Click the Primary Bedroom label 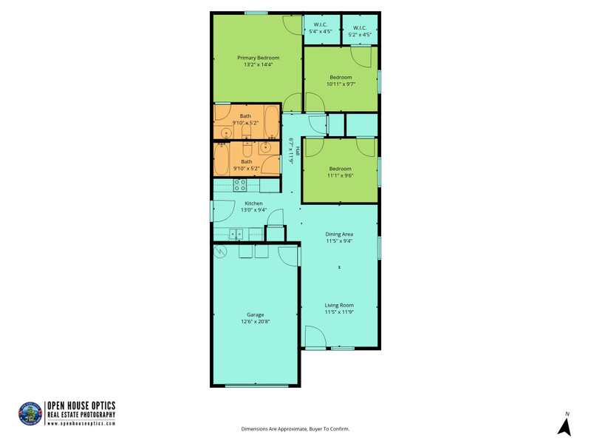258,58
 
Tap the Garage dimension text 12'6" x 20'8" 255,322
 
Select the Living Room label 339,305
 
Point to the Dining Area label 339,234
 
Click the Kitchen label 253,203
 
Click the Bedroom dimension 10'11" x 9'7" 341,84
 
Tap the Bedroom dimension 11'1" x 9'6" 340,175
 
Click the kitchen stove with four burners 239,185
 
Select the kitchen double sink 236,235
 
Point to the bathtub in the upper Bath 271,121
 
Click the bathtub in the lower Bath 221,159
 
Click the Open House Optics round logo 30,414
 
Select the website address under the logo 81,423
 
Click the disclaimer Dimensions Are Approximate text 295,429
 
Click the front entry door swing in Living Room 315,337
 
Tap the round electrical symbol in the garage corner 219,251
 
